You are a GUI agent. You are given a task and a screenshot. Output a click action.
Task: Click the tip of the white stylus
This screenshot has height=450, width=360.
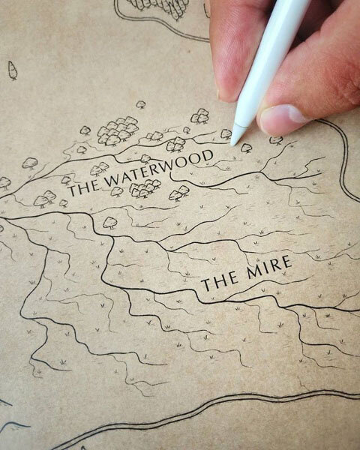pyautogui.click(x=235, y=141)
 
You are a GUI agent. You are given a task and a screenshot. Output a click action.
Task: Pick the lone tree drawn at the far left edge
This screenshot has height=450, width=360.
pyautogui.click(x=12, y=70)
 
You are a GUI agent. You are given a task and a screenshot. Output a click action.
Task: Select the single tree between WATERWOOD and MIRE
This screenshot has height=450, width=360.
pyautogui.click(x=110, y=222)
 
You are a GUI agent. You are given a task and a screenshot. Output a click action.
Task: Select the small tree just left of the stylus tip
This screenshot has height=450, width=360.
pyautogui.click(x=226, y=134)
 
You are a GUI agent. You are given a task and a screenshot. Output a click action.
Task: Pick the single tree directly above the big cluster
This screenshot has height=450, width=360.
pyautogui.click(x=140, y=104)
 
